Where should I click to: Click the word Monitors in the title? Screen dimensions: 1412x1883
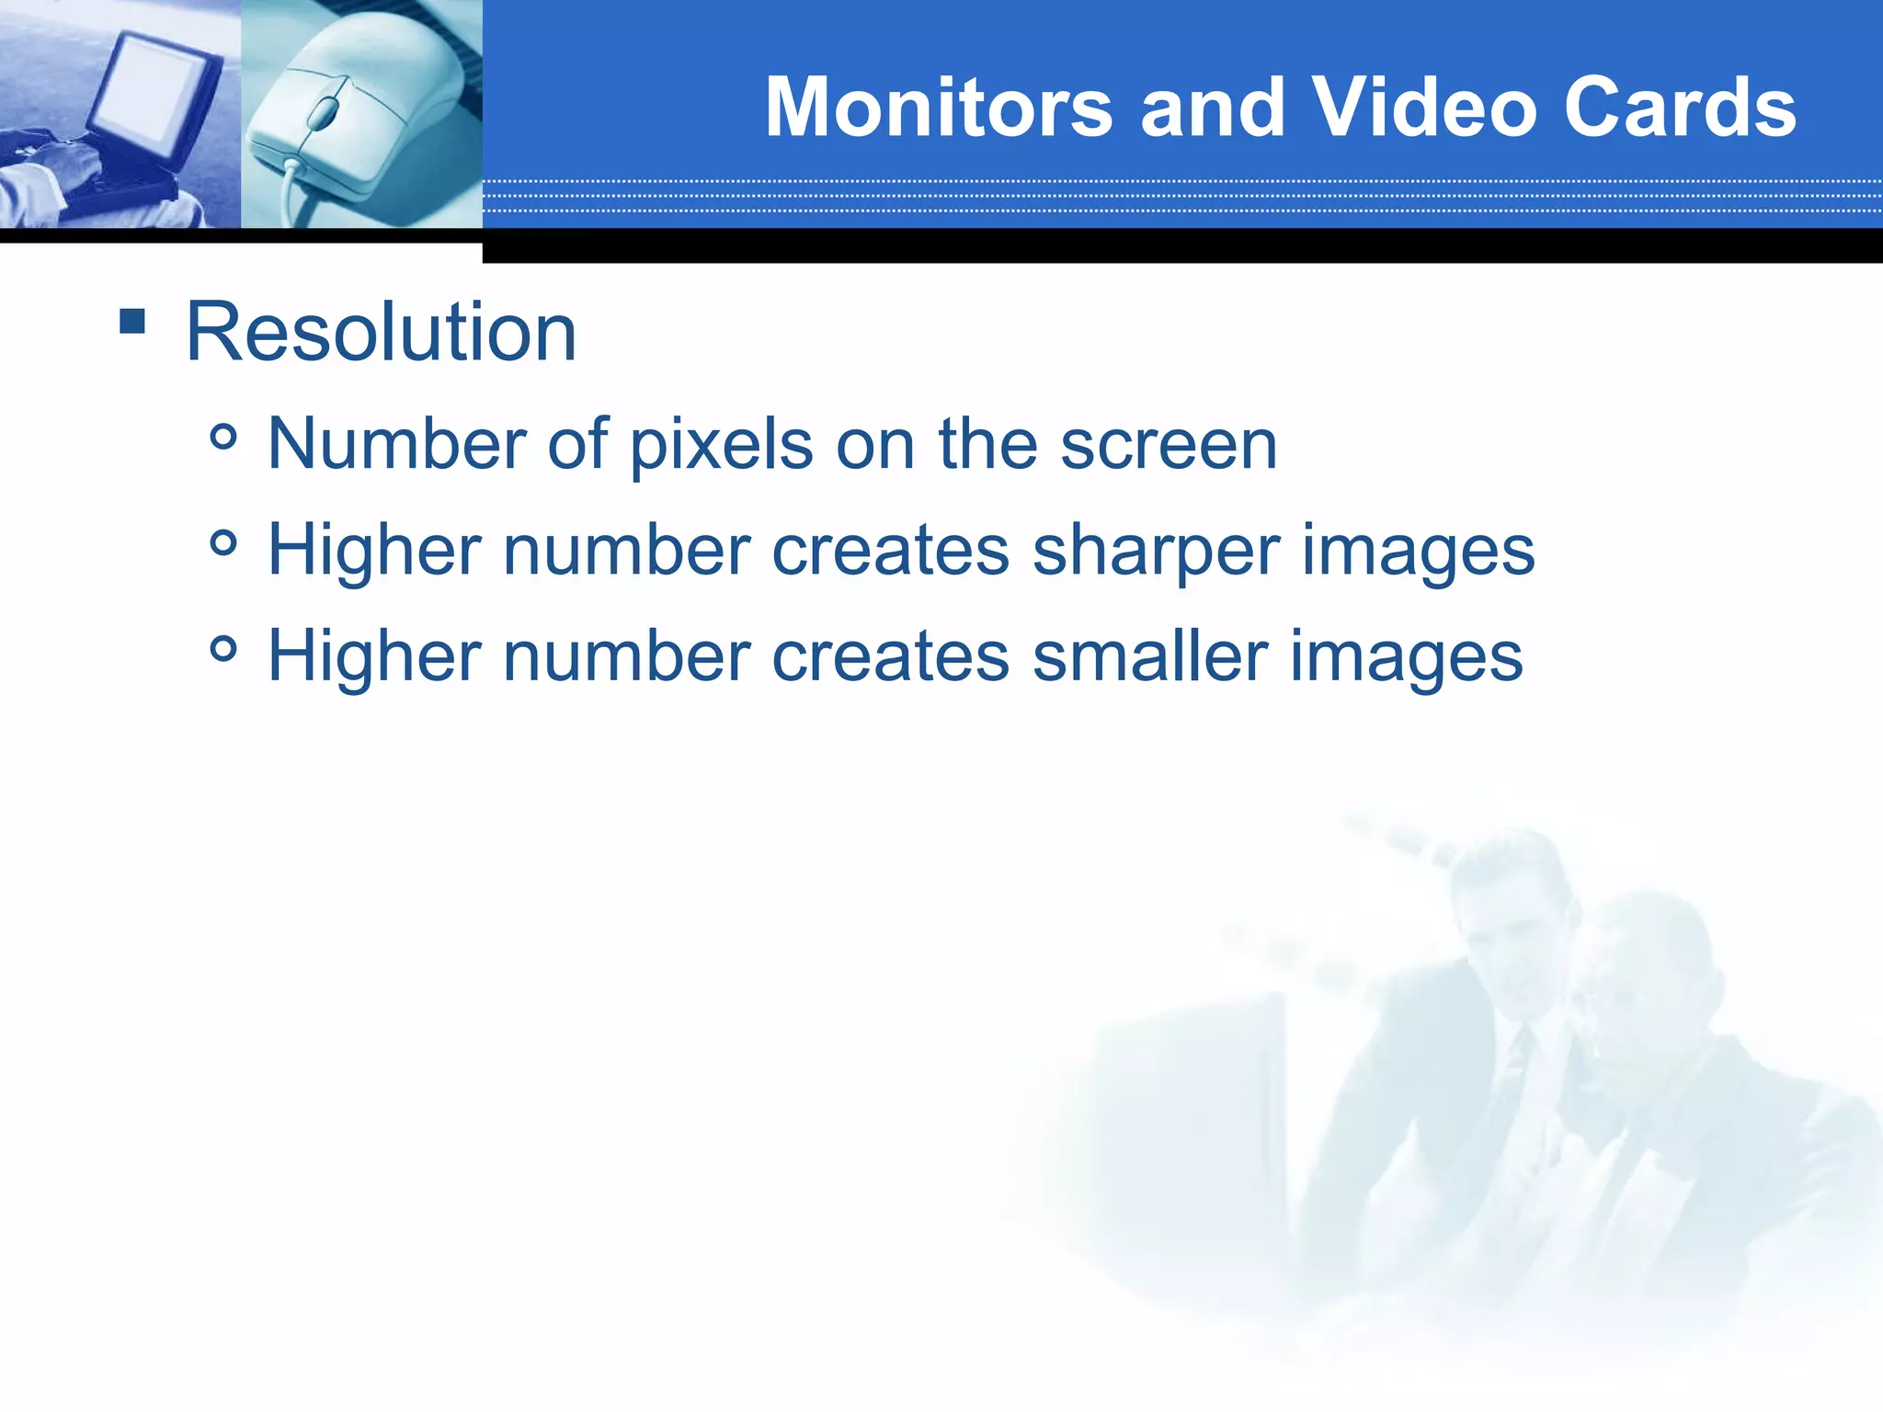point(939,108)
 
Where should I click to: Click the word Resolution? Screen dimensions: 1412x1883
point(381,332)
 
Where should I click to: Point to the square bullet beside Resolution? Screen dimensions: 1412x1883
point(132,321)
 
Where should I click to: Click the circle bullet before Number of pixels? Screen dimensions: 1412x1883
point(223,437)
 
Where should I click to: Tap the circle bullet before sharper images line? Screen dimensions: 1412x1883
point(223,543)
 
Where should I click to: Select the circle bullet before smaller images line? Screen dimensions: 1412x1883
point(223,650)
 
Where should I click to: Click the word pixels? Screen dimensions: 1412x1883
point(721,445)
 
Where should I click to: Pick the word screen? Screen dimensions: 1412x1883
point(1169,445)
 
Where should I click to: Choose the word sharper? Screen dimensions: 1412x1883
point(1157,552)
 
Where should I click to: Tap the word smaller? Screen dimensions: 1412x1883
point(1149,656)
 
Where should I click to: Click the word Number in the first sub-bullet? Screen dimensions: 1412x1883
point(396,445)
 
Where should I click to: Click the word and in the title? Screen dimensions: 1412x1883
point(1212,108)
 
